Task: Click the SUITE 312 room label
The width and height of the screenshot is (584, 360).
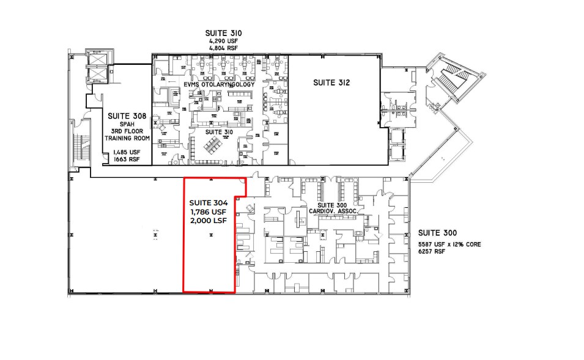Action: coord(333,83)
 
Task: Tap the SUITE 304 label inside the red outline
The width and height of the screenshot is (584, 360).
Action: coord(209,203)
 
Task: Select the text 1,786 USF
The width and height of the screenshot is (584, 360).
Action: coord(209,212)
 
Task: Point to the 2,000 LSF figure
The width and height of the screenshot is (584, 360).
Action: coord(209,221)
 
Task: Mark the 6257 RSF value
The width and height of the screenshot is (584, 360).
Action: coord(431,252)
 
